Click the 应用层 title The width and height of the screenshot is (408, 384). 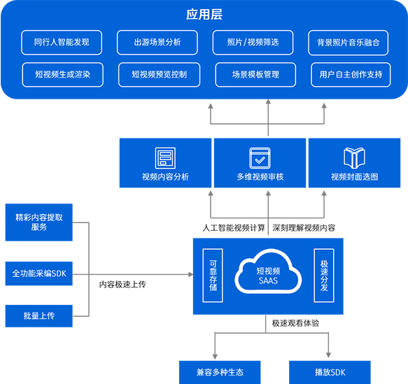pos(204,14)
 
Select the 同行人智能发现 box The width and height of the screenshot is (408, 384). pos(62,43)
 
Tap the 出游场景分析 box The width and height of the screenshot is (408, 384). pos(157,43)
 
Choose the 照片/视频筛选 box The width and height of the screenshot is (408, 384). pos(253,43)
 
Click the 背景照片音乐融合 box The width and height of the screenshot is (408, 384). pos(349,43)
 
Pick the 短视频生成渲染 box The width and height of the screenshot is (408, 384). pos(63,75)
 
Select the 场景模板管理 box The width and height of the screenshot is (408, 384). pos(255,75)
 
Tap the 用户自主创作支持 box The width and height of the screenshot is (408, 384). pos(351,75)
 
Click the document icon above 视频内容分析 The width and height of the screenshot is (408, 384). pos(165,158)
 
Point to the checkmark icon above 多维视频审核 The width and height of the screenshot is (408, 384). pos(260,158)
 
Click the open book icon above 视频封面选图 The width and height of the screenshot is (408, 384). pos(354,157)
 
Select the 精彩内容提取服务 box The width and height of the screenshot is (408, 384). pos(39,222)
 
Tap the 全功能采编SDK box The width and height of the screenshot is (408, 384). pos(39,273)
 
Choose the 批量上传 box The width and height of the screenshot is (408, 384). pos(39,316)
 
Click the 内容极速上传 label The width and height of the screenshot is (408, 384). pos(122,285)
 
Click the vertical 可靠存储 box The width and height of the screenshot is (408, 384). pos(213,276)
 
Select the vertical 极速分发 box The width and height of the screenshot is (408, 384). pos(324,276)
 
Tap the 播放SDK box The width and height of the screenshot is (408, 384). pos(330,372)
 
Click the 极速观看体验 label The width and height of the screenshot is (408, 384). pos(295,323)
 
